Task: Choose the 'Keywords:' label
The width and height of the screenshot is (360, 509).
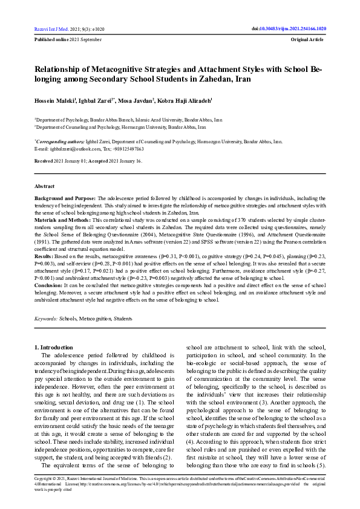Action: click(x=46, y=318)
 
